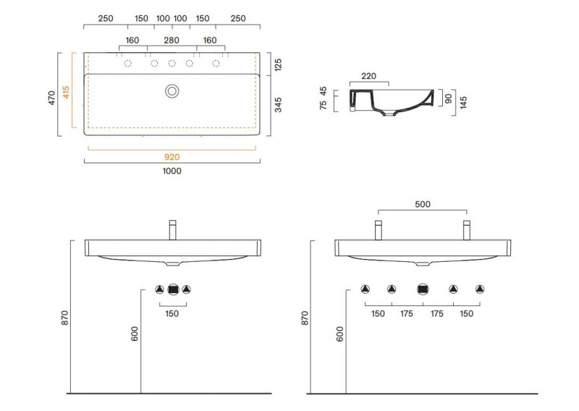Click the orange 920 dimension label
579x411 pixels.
tap(172, 157)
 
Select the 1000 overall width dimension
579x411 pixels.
tap(172, 171)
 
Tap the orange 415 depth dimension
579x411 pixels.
tap(66, 92)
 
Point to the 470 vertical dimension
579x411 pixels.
tap(51, 98)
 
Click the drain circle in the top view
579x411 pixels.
tap(172, 91)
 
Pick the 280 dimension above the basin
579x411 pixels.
tap(172, 41)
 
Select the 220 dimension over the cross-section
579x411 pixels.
tap(368, 76)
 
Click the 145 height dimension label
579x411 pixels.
tap(463, 102)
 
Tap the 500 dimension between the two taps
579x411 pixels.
tap(423, 204)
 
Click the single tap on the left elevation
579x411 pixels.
tap(172, 230)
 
